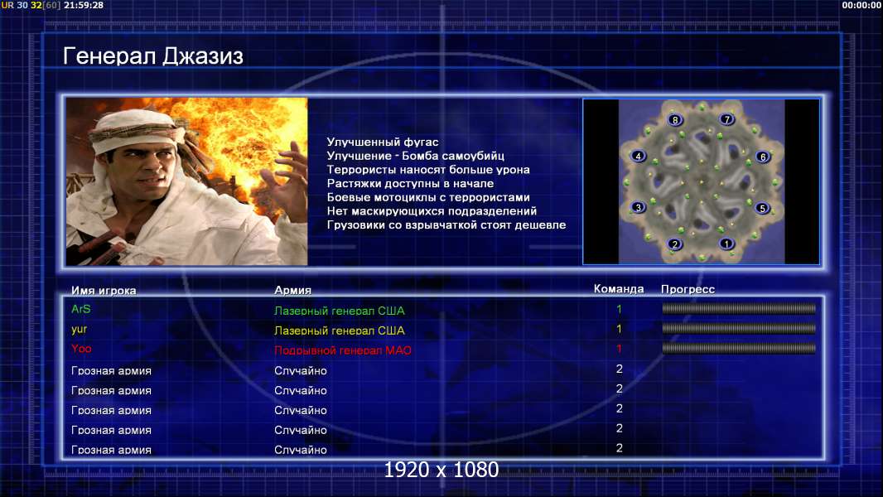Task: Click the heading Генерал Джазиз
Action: click(x=152, y=56)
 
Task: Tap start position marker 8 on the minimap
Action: click(x=674, y=119)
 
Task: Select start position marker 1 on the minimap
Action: click(x=726, y=244)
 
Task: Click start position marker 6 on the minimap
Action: click(x=763, y=157)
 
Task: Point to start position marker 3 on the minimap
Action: click(x=638, y=207)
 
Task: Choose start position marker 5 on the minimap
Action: click(x=762, y=208)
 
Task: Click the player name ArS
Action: click(x=81, y=309)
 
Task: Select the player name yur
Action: click(x=79, y=330)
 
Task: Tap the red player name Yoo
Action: click(x=81, y=349)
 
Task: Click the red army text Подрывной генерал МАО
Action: click(x=342, y=350)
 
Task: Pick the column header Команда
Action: click(x=618, y=289)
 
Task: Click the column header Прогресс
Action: click(x=688, y=289)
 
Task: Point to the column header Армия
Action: click(x=292, y=291)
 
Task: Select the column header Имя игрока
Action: click(x=104, y=291)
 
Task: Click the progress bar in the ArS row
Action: click(x=739, y=308)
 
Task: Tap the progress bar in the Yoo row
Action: click(x=739, y=349)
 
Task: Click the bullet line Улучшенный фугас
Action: click(x=383, y=142)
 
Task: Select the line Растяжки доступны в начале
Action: click(x=410, y=184)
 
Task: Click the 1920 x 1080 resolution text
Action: click(x=441, y=470)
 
